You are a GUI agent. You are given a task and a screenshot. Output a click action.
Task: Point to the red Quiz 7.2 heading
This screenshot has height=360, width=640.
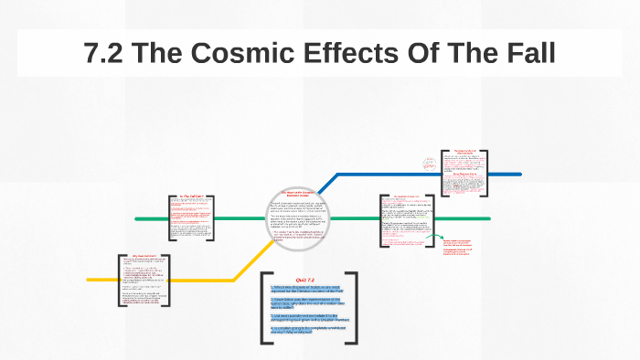(x=305, y=280)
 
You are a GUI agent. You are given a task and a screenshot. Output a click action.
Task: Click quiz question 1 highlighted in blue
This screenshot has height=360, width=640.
(x=307, y=290)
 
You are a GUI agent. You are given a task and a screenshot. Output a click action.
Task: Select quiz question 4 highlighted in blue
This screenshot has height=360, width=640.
(x=307, y=329)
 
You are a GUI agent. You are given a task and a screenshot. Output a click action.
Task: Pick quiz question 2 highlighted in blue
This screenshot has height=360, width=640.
(x=307, y=302)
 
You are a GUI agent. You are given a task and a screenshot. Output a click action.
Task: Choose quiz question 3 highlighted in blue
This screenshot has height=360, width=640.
(x=307, y=316)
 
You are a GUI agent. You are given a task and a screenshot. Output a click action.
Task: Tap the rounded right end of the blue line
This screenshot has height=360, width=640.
(x=518, y=173)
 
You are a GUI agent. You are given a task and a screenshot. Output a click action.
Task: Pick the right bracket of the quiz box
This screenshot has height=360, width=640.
(x=353, y=308)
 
